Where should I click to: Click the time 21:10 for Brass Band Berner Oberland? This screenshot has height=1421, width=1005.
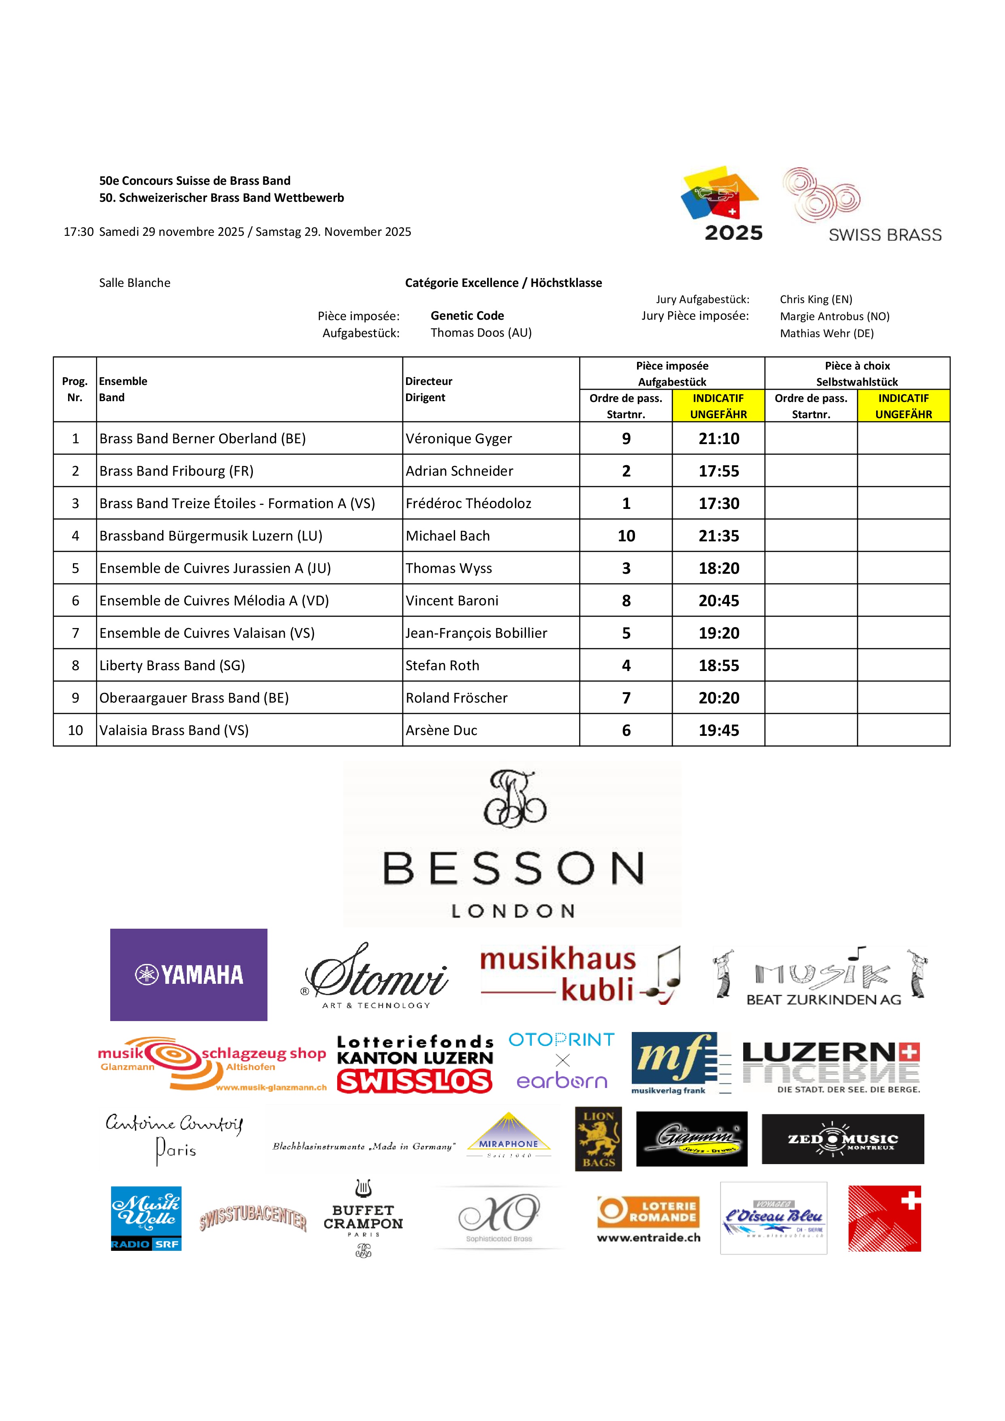(718, 439)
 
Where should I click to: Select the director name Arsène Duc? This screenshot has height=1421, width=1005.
(441, 730)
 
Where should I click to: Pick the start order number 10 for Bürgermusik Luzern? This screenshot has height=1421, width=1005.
(626, 536)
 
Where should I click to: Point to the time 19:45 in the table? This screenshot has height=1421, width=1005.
(718, 730)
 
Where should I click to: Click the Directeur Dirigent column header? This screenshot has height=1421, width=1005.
(429, 389)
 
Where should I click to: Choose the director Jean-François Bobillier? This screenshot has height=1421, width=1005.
(476, 633)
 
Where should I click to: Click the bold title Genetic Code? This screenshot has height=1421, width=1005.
(467, 316)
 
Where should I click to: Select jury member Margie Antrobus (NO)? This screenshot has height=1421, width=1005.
(834, 316)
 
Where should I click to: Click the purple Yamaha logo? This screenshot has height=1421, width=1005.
(189, 975)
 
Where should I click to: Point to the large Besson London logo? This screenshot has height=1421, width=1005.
(512, 845)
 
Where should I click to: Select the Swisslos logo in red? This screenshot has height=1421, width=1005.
(415, 1082)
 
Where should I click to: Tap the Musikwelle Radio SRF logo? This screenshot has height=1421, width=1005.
(146, 1219)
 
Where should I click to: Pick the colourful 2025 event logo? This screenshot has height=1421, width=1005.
(722, 203)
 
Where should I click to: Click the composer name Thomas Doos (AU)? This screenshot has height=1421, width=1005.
(481, 333)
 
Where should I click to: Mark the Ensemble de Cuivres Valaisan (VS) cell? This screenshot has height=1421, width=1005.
(207, 633)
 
